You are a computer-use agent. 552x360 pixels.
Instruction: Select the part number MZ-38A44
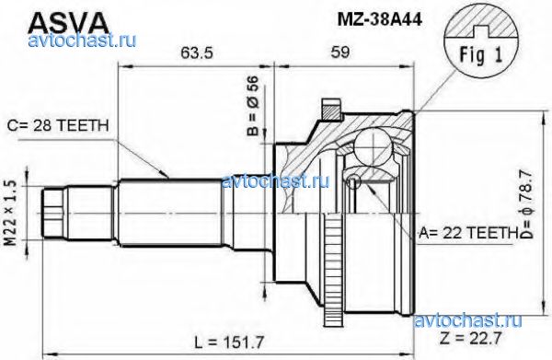(379, 19)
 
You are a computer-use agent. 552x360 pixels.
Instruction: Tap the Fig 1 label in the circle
(481, 54)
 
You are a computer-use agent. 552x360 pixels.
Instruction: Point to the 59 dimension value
(340, 52)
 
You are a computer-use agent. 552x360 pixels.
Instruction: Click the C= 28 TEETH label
(58, 126)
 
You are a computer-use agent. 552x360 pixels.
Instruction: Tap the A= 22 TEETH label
(466, 233)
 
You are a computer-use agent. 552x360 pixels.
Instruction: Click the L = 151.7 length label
(229, 342)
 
